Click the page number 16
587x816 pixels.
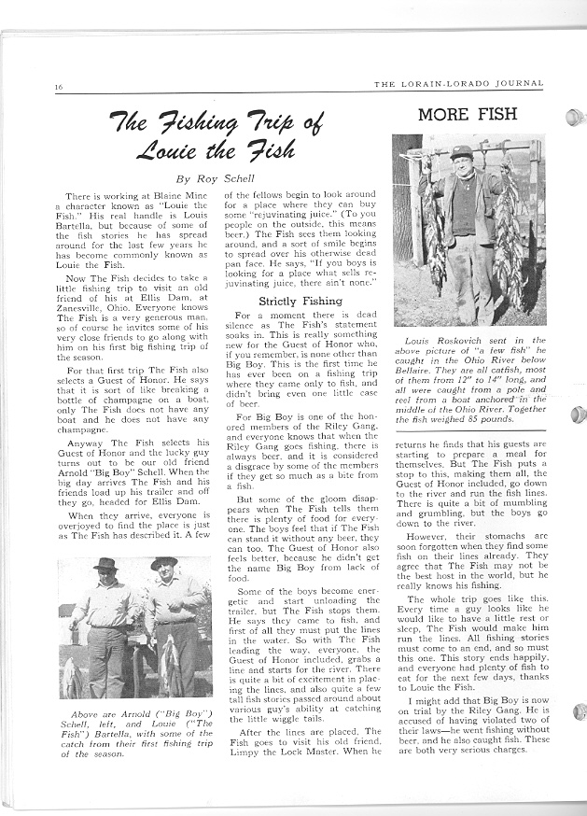pos(58,88)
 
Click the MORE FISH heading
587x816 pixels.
pos(468,116)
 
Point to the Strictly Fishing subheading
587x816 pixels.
pos(290,302)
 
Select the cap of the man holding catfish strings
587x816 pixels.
pos(461,150)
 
